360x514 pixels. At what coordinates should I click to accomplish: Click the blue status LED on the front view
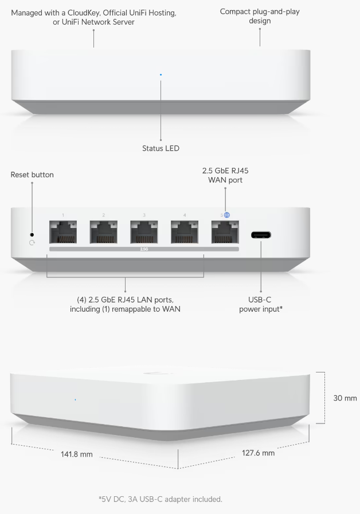point(161,74)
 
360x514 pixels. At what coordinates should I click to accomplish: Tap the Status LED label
point(161,148)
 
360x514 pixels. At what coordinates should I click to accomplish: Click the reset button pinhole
point(32,235)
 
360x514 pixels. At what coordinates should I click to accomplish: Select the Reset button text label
point(32,175)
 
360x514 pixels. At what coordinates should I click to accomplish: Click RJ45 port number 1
point(63,232)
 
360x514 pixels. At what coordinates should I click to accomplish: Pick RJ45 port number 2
point(104,232)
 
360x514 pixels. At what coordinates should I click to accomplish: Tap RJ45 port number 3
point(144,232)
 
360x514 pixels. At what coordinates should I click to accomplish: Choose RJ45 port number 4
point(185,232)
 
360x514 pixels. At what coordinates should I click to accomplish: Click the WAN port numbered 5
point(225,232)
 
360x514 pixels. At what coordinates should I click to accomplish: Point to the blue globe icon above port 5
point(227,215)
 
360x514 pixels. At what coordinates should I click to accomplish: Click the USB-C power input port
point(261,235)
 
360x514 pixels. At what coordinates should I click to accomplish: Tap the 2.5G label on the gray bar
point(144,249)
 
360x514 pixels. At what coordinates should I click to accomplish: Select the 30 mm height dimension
point(345,398)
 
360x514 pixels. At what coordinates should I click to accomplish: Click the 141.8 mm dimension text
point(77,454)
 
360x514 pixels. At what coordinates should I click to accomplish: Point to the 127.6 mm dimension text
point(259,453)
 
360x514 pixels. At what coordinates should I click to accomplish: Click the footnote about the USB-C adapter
point(161,499)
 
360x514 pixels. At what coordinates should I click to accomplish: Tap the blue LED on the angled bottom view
point(76,399)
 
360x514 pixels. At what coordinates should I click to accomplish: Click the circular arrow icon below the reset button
point(32,243)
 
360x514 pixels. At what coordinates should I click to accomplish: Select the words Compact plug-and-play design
point(260,16)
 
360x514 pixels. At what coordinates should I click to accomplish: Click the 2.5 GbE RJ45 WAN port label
point(225,175)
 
